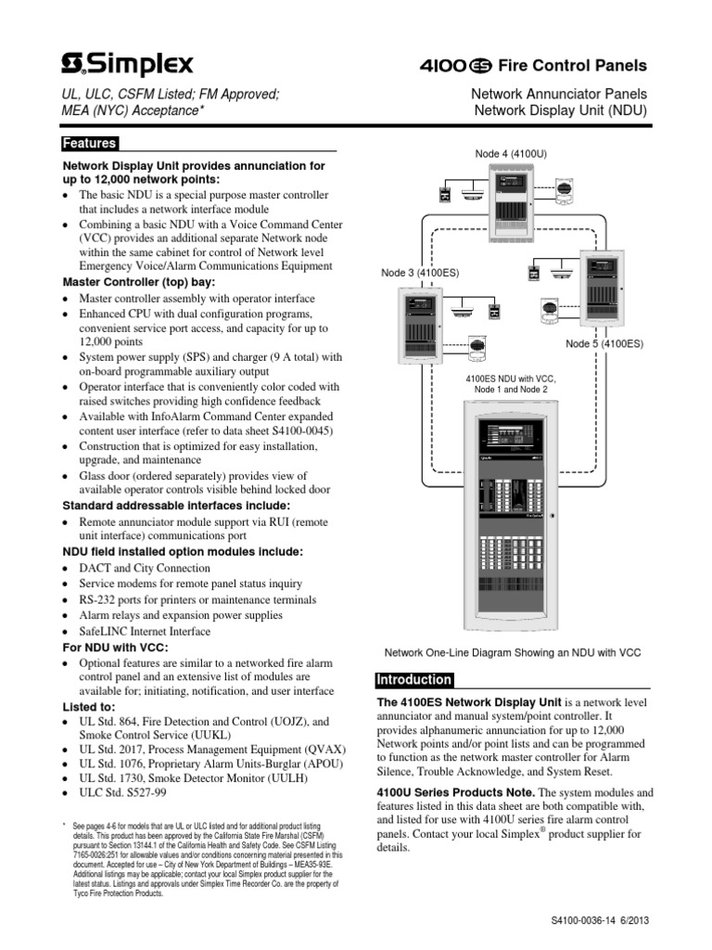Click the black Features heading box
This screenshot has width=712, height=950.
(x=89, y=144)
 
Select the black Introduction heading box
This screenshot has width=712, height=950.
(x=413, y=680)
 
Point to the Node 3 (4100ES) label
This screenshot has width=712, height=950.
(x=420, y=273)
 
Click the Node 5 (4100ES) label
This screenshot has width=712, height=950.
(x=604, y=344)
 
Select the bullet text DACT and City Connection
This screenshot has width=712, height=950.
(x=145, y=568)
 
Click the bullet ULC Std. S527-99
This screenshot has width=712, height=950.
(x=123, y=794)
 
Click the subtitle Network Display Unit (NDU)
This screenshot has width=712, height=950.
(x=560, y=110)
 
